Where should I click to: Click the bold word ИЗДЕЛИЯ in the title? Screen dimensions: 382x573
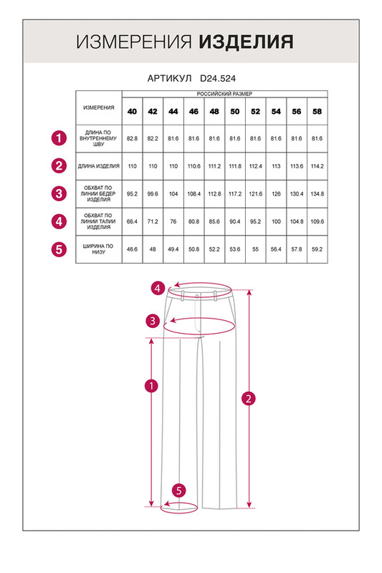(246, 42)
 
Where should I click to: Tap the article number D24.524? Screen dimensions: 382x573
(218, 78)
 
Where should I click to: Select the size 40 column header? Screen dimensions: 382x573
(132, 112)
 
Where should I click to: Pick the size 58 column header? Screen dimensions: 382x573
(317, 112)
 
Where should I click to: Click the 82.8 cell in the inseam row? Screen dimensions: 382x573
(132, 138)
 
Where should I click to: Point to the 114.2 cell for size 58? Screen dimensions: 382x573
(317, 166)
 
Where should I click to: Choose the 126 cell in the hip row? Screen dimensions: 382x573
(276, 194)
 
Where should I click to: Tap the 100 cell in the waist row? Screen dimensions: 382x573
(276, 221)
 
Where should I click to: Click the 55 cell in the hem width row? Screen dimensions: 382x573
(256, 249)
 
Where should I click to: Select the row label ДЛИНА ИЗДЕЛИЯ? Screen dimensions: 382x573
(99, 166)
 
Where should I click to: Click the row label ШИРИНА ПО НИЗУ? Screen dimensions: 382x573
(99, 249)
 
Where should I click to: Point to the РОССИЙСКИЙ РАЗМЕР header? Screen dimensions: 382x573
(224, 94)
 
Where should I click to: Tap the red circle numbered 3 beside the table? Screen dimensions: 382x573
(59, 193)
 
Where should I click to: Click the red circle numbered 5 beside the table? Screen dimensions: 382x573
(59, 249)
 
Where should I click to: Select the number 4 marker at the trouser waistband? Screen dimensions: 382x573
(158, 289)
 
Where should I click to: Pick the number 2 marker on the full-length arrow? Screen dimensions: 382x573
(249, 398)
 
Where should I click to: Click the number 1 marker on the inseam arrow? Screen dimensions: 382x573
(151, 386)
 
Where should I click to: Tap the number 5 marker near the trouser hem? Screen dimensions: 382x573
(178, 491)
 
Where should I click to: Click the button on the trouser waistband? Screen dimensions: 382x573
(197, 296)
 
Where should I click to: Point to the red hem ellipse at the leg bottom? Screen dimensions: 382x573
(179, 511)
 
